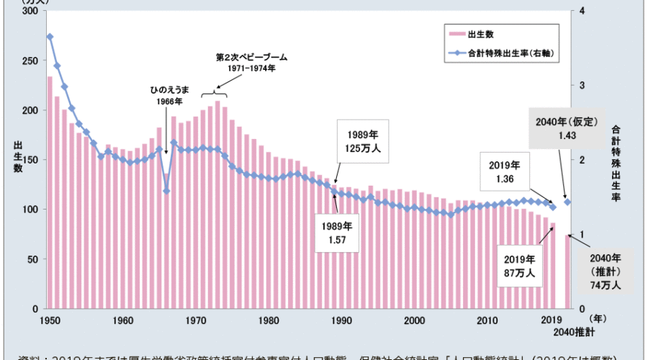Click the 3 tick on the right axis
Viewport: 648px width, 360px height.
(590, 86)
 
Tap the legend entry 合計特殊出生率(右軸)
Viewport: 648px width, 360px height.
(504, 53)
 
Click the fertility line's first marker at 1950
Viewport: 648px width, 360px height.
(50, 37)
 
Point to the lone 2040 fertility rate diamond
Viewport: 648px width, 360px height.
(567, 202)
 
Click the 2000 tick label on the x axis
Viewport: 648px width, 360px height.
(414, 319)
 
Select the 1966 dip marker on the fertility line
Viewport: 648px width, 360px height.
(166, 191)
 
